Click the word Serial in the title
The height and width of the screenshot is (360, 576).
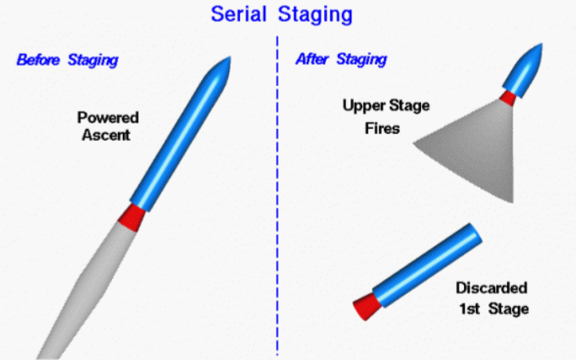point(239,14)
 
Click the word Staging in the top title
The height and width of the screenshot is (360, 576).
point(315,16)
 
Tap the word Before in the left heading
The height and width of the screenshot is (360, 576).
point(38,59)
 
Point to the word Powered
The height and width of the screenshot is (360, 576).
point(108,117)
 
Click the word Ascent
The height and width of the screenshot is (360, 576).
point(106,135)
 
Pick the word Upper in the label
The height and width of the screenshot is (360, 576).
point(363,106)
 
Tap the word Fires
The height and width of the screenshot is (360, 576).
point(382,128)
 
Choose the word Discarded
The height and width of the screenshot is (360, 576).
point(491,288)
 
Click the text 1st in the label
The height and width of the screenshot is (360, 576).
point(470,308)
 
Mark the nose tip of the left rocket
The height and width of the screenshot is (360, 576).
point(230,57)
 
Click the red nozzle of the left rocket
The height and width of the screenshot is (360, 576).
point(131,218)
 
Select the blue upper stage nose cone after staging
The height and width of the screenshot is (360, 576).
point(523,70)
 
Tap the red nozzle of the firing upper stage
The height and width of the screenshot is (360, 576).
point(508,98)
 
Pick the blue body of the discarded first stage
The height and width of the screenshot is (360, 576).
point(427,265)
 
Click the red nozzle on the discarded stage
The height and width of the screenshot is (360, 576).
point(367,306)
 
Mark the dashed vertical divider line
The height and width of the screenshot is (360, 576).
point(277,196)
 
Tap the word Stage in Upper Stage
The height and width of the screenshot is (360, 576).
point(409,106)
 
